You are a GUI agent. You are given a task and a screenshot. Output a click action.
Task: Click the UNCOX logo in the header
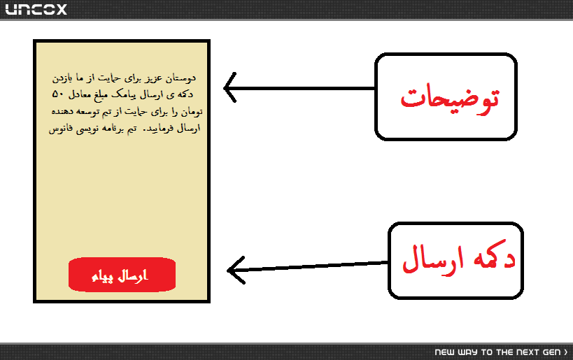point(36,9)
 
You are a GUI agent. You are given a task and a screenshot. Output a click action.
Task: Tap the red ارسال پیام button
point(122,275)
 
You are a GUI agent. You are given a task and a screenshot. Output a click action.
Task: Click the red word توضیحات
point(449,99)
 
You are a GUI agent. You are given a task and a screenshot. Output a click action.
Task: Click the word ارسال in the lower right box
point(433,259)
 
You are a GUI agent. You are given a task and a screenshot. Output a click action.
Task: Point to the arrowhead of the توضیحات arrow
point(224,88)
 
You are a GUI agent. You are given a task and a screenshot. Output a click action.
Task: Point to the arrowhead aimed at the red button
point(228,271)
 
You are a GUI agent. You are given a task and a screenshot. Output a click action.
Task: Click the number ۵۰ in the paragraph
point(58,94)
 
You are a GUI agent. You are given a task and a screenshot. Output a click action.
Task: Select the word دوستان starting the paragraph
point(181,78)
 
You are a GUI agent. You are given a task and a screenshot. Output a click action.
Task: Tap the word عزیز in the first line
point(154,78)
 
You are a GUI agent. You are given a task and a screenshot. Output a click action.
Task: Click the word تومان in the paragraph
point(192,112)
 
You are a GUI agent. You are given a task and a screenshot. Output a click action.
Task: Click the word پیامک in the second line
point(124,94)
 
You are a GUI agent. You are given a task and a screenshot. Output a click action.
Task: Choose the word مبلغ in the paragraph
point(101,95)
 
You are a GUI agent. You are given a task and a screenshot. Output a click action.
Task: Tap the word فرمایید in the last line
point(158,129)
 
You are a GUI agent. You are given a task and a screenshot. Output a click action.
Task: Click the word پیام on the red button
point(101,276)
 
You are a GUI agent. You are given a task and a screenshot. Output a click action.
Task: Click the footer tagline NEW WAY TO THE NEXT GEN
point(497,352)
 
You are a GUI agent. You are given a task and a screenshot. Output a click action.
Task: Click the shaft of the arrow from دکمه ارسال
point(308,266)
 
